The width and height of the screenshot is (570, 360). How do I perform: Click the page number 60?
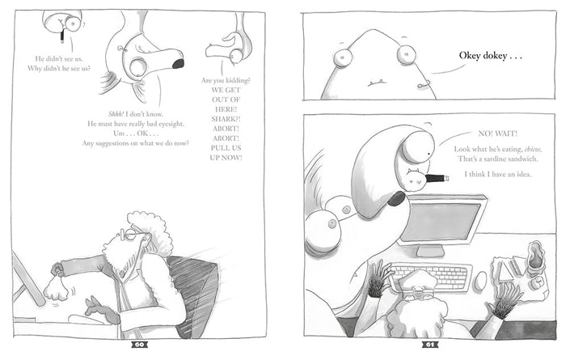(139, 345)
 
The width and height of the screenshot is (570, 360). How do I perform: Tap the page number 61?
(430, 345)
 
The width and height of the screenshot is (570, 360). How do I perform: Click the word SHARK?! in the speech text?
(226, 119)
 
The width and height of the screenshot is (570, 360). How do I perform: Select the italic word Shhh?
(116, 114)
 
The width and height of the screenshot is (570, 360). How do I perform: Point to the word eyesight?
(171, 124)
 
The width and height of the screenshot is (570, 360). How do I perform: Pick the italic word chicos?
(534, 149)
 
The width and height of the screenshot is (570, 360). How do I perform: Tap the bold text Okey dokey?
(483, 56)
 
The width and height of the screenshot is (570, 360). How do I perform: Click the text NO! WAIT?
(498, 133)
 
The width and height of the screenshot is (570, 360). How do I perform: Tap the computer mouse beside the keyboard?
(480, 281)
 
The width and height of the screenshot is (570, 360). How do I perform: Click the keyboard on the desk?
(431, 276)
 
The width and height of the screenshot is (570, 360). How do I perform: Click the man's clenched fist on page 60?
(56, 290)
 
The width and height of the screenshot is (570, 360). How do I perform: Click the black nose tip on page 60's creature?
(178, 64)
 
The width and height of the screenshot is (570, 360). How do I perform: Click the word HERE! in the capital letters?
(226, 109)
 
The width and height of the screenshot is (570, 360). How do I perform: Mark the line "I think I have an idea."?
(498, 174)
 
